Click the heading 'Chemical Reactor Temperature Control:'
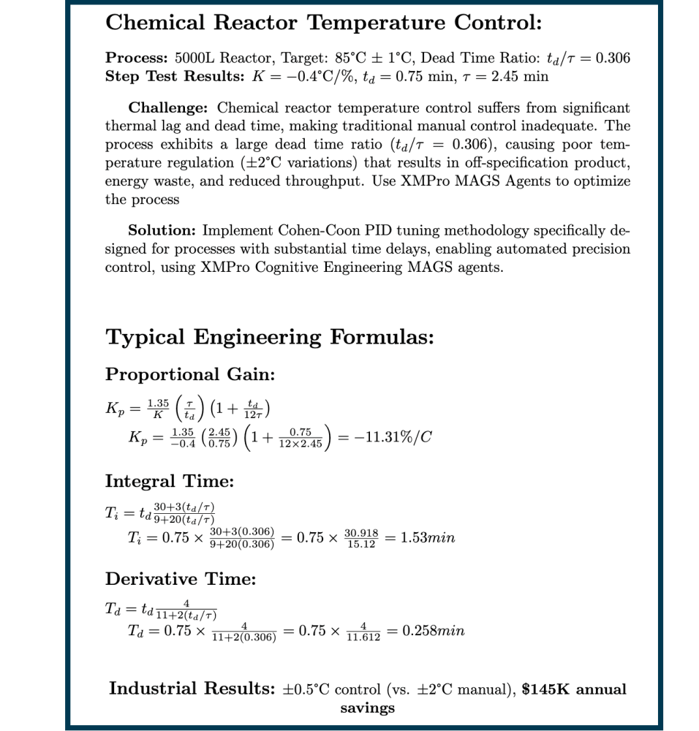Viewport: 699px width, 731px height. point(323,23)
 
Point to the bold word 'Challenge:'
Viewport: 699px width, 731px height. point(169,108)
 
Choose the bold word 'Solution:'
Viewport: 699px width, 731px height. point(162,231)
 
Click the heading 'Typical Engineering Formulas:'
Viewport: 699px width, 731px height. point(270,338)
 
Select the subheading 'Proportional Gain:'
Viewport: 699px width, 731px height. point(189,375)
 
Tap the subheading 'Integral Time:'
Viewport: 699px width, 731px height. point(170,482)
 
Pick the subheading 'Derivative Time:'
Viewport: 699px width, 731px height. point(181,580)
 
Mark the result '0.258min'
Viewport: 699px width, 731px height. point(434,631)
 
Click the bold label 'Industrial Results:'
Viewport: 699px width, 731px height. point(192,689)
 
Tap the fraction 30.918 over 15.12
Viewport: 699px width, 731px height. point(360,539)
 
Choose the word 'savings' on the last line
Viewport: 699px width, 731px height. point(367,708)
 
